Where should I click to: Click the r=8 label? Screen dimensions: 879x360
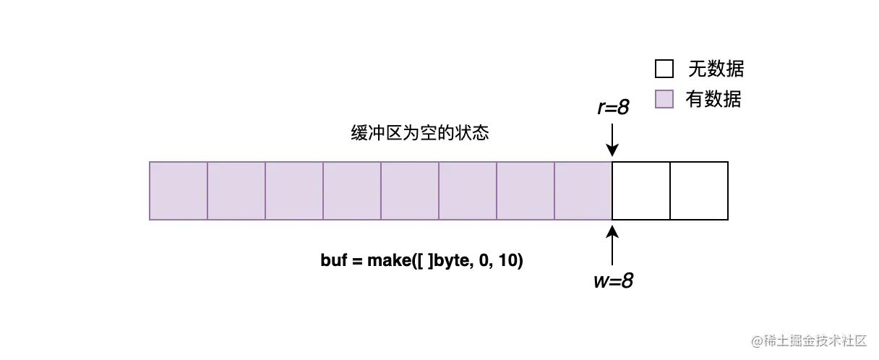pyautogui.click(x=612, y=108)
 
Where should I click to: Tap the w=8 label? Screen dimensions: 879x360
pyautogui.click(x=612, y=280)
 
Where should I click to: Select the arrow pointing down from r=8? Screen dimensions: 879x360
pyautogui.click(x=612, y=140)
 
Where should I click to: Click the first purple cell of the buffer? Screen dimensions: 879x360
pyautogui.click(x=179, y=190)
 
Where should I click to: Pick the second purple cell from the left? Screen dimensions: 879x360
pyautogui.click(x=236, y=190)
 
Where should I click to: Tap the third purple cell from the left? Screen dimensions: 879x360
pyautogui.click(x=294, y=190)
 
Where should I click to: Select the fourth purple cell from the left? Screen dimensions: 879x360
pyautogui.click(x=352, y=190)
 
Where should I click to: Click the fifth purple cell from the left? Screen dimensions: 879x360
pyautogui.click(x=410, y=190)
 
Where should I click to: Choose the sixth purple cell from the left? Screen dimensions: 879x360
pyautogui.click(x=468, y=190)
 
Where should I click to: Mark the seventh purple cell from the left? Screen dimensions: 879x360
pyautogui.click(x=526, y=190)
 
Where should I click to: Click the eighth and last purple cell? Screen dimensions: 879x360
pyautogui.click(x=583, y=190)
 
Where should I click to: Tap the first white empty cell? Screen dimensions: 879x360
pyautogui.click(x=641, y=190)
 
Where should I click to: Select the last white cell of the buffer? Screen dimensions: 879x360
pyautogui.click(x=699, y=190)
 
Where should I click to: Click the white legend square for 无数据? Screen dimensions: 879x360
pyautogui.click(x=664, y=69)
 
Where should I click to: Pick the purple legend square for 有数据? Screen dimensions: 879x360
pyautogui.click(x=664, y=99)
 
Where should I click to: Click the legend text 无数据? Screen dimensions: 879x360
pyautogui.click(x=716, y=69)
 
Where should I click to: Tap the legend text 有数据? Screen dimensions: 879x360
pyautogui.click(x=713, y=99)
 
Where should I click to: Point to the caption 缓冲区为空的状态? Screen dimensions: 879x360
pyautogui.click(x=419, y=134)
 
